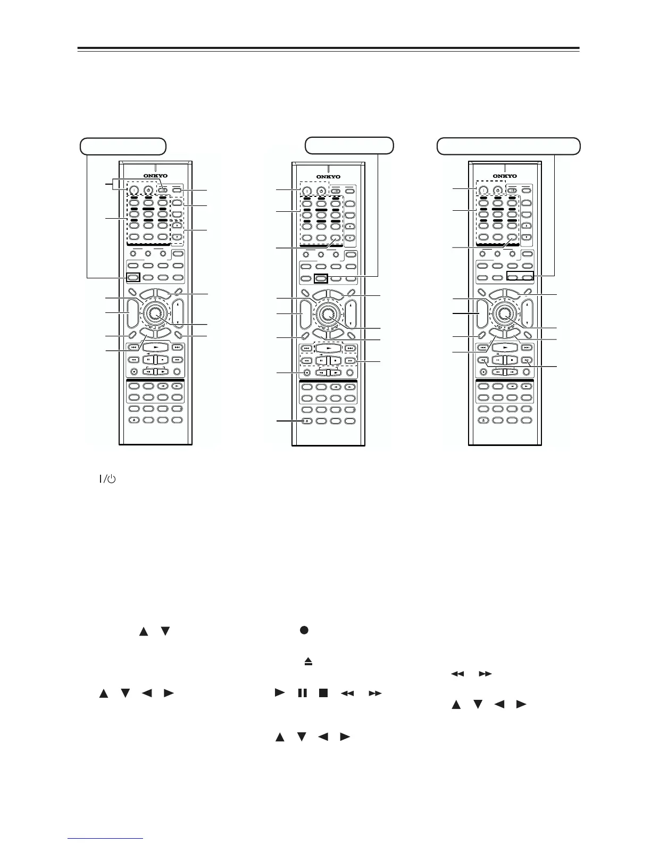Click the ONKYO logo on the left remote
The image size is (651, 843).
(155, 176)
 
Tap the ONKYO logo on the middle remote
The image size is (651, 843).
(328, 177)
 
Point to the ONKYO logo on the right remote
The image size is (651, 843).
(504, 176)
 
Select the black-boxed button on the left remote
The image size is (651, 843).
(133, 277)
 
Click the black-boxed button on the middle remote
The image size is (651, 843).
(321, 277)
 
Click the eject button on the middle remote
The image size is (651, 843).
(306, 420)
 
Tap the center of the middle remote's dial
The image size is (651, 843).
(328, 313)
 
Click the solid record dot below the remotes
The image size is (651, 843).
(304, 630)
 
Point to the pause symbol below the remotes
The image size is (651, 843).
(302, 693)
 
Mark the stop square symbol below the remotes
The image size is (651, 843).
(323, 693)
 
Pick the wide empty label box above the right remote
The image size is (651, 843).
(508, 146)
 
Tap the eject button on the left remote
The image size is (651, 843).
(133, 420)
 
